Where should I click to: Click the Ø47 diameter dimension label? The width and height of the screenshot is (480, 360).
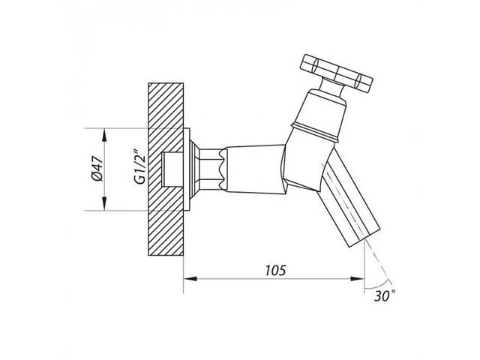click(x=98, y=169)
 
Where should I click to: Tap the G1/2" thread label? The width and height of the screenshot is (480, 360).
click(x=140, y=166)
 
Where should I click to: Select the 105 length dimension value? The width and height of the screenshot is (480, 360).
click(x=275, y=270)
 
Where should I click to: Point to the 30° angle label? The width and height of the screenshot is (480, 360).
click(x=385, y=295)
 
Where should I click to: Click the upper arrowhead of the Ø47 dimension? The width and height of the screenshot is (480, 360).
click(x=105, y=135)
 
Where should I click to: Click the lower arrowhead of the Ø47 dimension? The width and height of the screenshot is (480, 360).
click(x=105, y=204)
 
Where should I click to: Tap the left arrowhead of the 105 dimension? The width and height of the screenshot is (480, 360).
click(x=190, y=278)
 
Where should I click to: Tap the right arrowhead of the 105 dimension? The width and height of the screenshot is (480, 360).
click(x=358, y=278)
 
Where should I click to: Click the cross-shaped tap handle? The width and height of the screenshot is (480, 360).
click(x=337, y=73)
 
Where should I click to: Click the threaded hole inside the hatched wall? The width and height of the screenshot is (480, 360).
click(x=172, y=169)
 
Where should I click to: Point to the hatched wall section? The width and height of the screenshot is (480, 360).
click(x=166, y=169)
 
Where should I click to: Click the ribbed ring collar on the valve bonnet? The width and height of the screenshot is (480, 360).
click(x=315, y=132)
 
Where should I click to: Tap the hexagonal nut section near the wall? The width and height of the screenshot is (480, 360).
click(x=211, y=169)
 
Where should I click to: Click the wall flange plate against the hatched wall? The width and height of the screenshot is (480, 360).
click(x=187, y=169)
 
